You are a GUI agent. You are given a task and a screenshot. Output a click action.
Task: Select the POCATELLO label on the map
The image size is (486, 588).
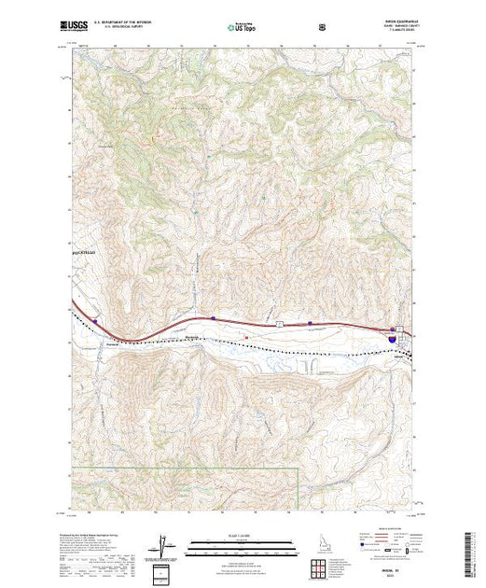tap(84, 253)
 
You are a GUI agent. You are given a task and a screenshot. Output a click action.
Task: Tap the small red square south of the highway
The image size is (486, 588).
tap(245, 337)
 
